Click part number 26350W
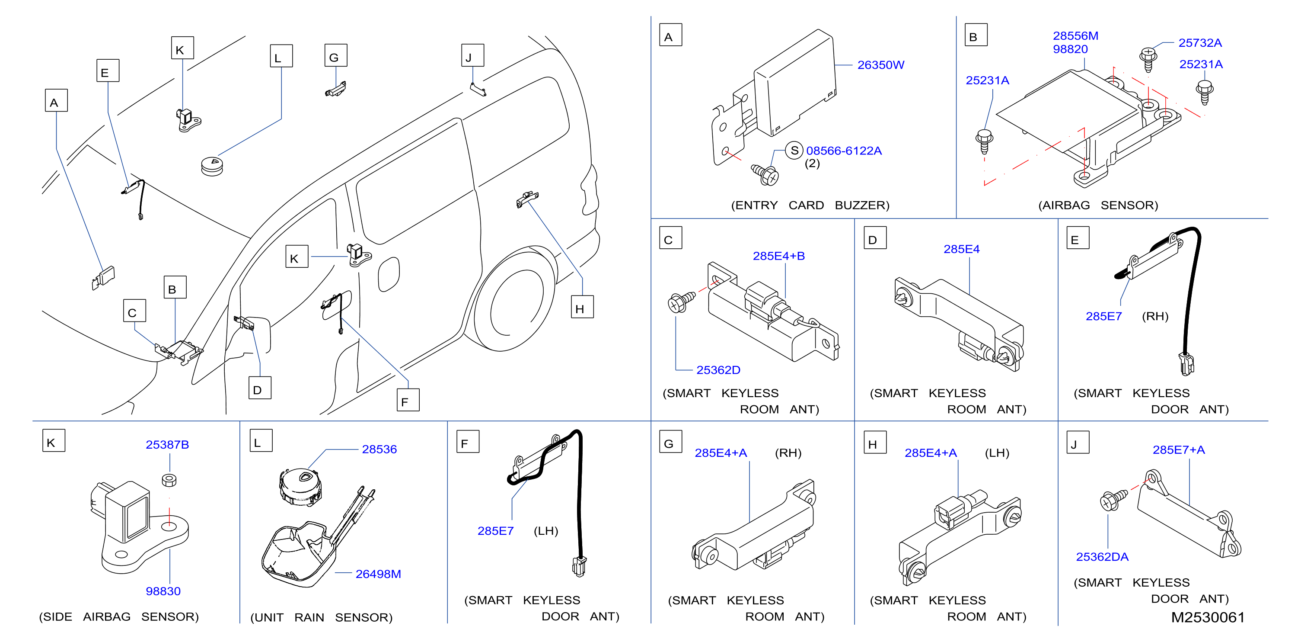tap(880, 65)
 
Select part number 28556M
tap(1075, 36)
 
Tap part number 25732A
tap(1200, 43)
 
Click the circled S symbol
tap(794, 150)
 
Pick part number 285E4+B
tap(779, 256)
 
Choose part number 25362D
tap(718, 370)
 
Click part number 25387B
tap(167, 444)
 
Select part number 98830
tap(163, 591)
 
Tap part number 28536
tap(379, 449)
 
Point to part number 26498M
tap(378, 574)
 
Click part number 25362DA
tap(1102, 557)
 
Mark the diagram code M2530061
tap(1208, 617)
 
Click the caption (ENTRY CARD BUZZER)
tap(810, 205)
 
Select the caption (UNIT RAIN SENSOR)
tap(321, 617)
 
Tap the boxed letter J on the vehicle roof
tap(473, 55)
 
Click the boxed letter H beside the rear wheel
tap(582, 307)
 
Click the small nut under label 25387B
tap(169, 480)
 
